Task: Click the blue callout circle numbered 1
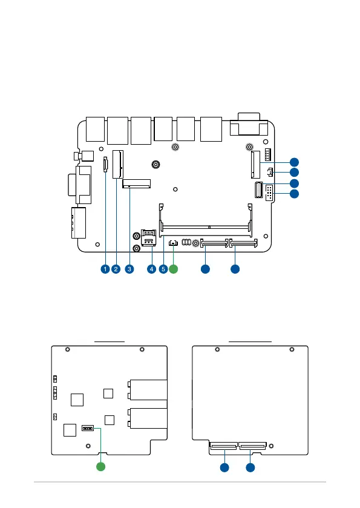coord(105,269)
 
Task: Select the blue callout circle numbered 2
coord(116,269)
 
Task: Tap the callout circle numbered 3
coord(129,269)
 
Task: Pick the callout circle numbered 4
coord(151,269)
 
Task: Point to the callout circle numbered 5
coord(163,269)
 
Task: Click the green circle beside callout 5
coord(174,269)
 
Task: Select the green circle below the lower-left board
coord(101,467)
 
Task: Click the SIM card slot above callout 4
coord(149,238)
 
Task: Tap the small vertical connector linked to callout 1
coord(105,164)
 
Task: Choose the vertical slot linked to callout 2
coord(118,164)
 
